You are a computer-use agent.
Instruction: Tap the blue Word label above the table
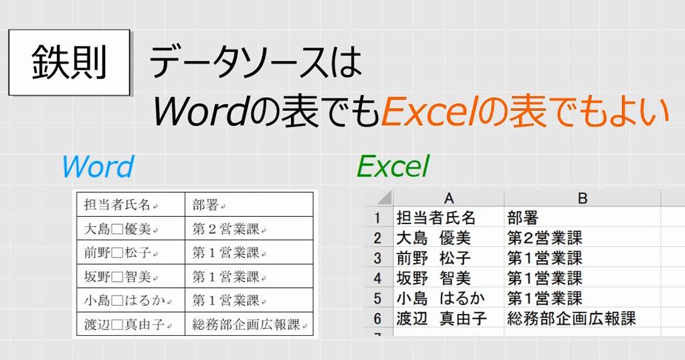coord(97,167)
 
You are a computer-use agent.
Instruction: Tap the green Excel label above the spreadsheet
coord(392,167)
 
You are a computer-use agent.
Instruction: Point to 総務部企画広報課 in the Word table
coord(248,325)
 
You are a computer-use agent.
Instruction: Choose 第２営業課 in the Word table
coord(228,229)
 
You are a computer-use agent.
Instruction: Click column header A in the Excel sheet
coord(449,198)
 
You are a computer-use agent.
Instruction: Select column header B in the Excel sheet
coord(582,198)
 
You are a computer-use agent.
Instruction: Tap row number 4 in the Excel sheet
coord(377,278)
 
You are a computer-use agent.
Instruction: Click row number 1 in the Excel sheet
coord(377,217)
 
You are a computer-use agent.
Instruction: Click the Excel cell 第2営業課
coord(545,238)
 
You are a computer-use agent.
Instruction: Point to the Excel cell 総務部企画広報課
coord(571,318)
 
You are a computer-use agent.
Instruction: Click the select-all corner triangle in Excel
coord(383,199)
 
